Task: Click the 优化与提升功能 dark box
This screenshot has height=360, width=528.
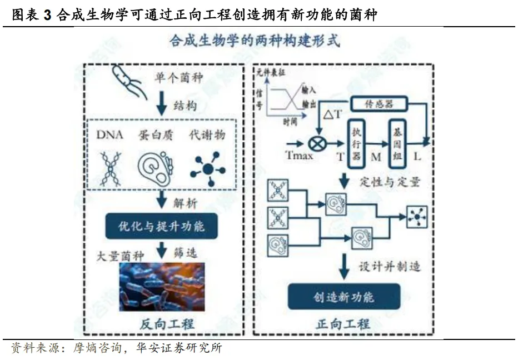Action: pos(162,226)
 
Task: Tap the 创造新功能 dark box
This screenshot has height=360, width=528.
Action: pos(343,297)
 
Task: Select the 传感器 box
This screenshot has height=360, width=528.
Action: pos(378,103)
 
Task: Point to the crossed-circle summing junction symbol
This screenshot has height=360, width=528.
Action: pos(318,144)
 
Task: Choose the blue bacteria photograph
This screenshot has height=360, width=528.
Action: pos(162,286)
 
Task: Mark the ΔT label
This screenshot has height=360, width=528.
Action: pos(332,115)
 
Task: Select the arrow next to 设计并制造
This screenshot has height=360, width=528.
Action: pos(344,267)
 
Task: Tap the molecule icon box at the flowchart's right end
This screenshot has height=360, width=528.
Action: pos(416,216)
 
